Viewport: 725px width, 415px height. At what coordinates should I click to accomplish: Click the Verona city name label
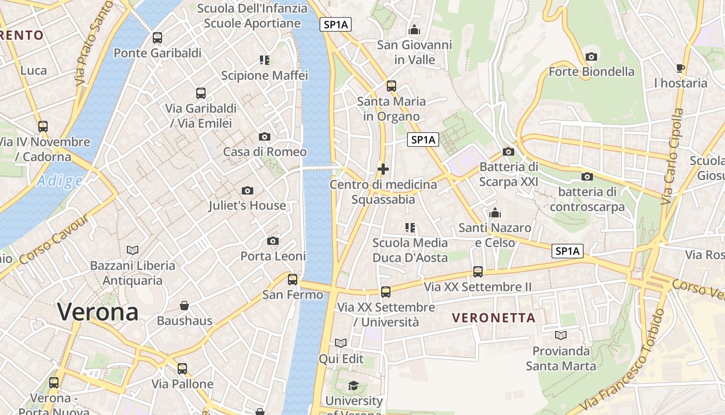(x=98, y=312)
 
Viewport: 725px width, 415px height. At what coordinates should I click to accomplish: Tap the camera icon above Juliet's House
(x=248, y=190)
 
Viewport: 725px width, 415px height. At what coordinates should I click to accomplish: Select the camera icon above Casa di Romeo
(x=265, y=137)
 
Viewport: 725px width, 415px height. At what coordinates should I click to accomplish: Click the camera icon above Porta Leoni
(x=273, y=241)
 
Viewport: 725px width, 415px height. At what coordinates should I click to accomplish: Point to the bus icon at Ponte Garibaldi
(x=157, y=38)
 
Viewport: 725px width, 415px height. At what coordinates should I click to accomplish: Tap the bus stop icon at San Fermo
(x=293, y=280)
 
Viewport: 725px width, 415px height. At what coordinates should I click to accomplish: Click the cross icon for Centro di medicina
(x=383, y=169)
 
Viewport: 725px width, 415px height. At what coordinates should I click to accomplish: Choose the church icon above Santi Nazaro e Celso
(x=495, y=213)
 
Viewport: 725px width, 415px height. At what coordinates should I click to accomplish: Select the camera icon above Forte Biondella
(x=591, y=57)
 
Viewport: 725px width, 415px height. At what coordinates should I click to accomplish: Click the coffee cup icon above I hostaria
(x=680, y=68)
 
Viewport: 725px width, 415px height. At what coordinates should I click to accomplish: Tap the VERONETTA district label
(x=494, y=317)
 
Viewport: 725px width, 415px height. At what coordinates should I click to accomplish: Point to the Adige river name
(x=60, y=181)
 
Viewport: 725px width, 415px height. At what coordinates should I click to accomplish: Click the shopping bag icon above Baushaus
(x=184, y=306)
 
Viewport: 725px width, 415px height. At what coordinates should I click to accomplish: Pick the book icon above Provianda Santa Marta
(x=561, y=335)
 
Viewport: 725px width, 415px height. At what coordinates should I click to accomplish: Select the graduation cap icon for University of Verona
(x=353, y=385)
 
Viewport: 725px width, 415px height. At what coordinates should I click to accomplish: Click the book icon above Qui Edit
(x=341, y=343)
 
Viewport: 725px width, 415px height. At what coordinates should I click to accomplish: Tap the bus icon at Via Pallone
(x=182, y=369)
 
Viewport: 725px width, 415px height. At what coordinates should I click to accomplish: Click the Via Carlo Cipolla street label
(x=673, y=156)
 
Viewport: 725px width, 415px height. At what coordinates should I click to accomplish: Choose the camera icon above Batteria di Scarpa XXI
(x=509, y=151)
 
